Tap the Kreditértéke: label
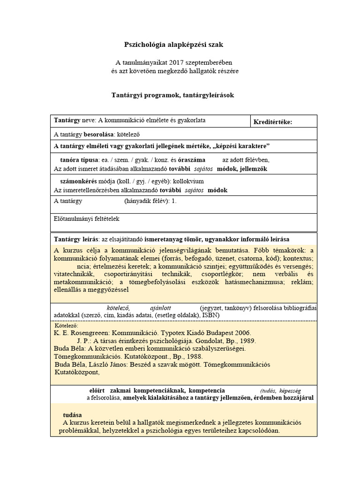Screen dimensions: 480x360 (272, 122)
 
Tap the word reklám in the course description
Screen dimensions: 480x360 (302, 282)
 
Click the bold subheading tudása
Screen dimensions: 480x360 (73, 415)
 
